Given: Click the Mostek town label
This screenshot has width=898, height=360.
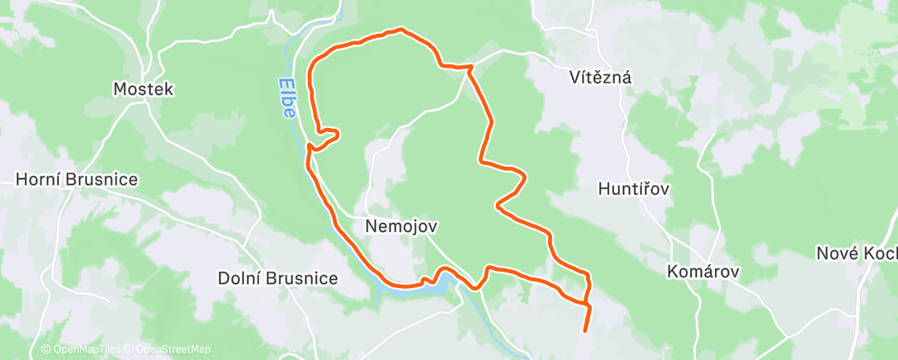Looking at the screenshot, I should (144, 89).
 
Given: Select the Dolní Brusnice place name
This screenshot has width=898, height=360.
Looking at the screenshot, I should (277, 278).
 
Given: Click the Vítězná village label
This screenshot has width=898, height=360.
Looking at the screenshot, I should (600, 78).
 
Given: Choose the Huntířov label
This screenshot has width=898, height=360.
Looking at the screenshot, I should (633, 189).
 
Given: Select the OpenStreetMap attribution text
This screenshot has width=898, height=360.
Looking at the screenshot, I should (169, 349).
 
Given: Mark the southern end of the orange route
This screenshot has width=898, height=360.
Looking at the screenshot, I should (585, 331).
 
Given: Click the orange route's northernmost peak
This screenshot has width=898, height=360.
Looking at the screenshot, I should (401, 30).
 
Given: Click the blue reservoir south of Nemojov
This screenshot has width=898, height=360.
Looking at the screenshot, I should (447, 284).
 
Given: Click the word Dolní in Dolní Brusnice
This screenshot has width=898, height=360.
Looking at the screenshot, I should (236, 278).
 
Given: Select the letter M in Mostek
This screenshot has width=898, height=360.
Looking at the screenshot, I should (120, 89).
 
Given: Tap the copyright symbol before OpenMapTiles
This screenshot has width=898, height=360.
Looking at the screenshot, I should (45, 349).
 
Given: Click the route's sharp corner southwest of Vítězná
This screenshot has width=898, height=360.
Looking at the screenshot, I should (470, 67).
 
